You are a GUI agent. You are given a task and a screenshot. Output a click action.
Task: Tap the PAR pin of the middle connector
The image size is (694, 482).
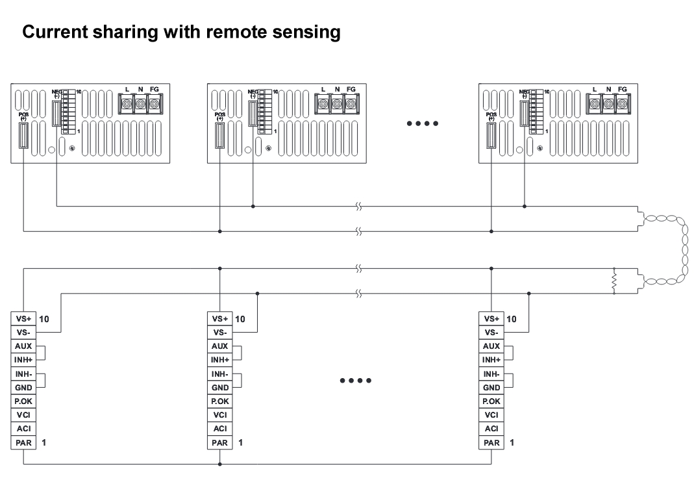click(x=219, y=443)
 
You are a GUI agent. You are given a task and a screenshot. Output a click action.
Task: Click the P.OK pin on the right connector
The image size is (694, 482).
click(x=491, y=401)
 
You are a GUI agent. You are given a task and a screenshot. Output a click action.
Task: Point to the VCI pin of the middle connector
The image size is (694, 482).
click(x=219, y=415)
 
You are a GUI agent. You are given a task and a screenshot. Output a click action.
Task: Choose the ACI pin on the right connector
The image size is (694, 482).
click(x=491, y=429)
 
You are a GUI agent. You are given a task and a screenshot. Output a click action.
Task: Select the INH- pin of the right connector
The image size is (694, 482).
click(x=491, y=374)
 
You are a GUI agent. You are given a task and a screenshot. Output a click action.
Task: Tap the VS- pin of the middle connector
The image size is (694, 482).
click(x=219, y=332)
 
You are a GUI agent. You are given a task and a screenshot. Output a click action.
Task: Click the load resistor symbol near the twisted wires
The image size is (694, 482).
click(x=613, y=281)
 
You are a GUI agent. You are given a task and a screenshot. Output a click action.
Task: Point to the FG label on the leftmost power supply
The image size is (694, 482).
click(x=155, y=89)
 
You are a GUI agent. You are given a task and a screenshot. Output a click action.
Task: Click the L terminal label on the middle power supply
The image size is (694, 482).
click(x=323, y=89)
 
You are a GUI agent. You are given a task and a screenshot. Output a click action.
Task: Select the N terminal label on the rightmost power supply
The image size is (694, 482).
click(x=608, y=89)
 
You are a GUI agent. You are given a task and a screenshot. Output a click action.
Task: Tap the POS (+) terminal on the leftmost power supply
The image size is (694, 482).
click(x=23, y=135)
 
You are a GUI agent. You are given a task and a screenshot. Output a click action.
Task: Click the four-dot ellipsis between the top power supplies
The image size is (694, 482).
click(x=423, y=123)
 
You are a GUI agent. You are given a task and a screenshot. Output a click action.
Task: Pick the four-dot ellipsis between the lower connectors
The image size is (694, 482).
click(x=356, y=380)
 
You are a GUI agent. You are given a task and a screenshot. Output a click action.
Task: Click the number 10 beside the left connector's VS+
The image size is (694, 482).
click(x=45, y=319)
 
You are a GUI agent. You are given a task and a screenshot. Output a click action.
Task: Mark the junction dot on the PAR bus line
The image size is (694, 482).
click(x=220, y=464)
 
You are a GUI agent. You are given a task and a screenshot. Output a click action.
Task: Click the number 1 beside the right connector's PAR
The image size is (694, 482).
click(x=512, y=443)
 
